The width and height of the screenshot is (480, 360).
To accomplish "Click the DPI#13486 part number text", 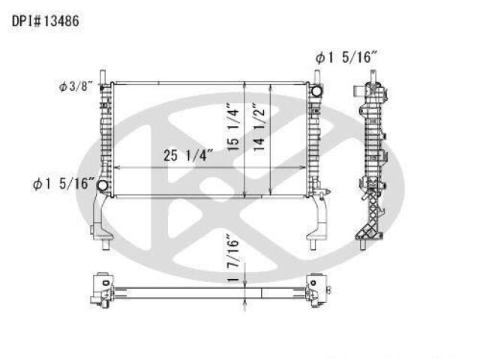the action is pos(45,22).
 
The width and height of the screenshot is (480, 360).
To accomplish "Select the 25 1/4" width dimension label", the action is pos(187,155).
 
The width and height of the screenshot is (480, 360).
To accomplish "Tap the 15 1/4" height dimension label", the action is pos(233,129).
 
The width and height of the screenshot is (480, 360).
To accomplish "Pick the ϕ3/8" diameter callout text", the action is pos(75,87).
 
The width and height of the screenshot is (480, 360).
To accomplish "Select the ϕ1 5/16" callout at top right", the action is pos(346,57).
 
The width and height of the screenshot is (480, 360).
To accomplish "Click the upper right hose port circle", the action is pos(316,91).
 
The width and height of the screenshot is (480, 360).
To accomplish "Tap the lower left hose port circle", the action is pos(102,185).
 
